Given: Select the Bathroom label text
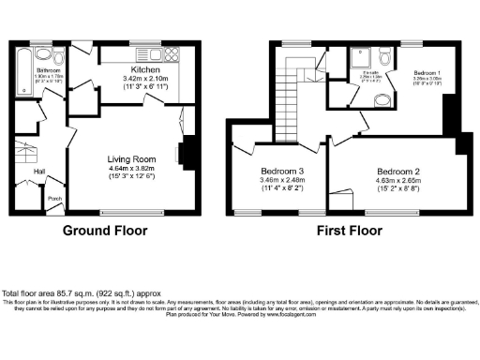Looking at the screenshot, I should [50, 70].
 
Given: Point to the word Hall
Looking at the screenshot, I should [38, 172].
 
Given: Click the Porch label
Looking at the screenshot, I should [55, 199].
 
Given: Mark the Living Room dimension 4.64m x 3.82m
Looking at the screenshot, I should [130, 170].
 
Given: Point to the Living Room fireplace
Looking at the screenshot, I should [187, 152].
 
